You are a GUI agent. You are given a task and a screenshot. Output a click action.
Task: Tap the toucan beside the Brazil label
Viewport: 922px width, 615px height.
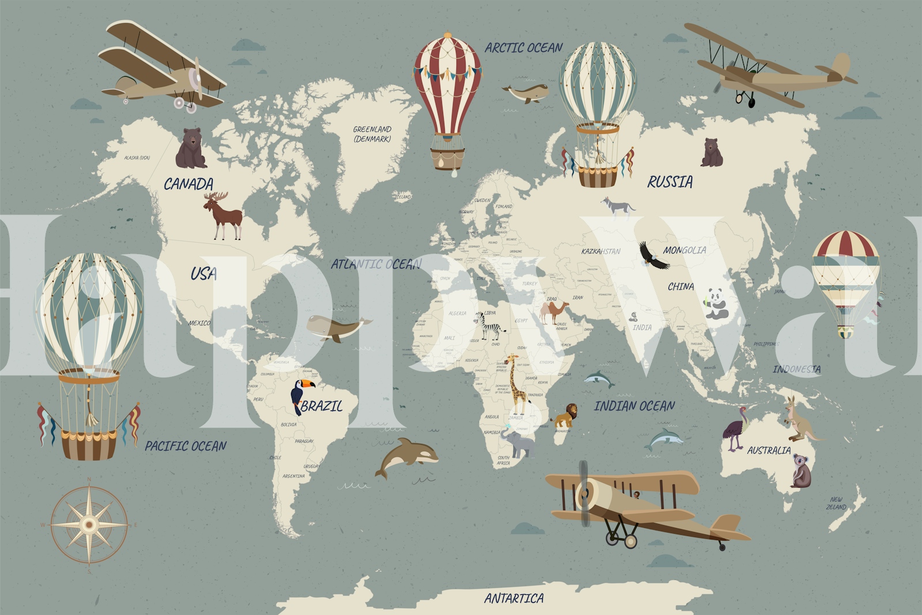click(301, 395)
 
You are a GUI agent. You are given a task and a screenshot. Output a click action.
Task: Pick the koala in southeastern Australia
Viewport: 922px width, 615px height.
click(800, 470)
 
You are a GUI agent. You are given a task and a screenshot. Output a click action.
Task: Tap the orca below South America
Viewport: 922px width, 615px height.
click(406, 457)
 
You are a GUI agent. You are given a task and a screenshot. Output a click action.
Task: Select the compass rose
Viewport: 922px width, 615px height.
click(89, 525)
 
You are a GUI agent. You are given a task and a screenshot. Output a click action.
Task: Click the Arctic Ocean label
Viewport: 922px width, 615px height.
click(523, 48)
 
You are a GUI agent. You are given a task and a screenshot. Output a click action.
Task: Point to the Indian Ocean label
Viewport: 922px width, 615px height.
click(634, 406)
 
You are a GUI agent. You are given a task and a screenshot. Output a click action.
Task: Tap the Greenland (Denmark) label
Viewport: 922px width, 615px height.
click(372, 134)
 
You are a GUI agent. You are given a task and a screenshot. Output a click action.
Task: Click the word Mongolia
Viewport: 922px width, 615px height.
click(684, 250)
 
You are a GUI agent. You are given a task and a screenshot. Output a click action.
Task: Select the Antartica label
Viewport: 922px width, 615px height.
click(513, 599)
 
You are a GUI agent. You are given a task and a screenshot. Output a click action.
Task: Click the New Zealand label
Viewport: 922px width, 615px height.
click(836, 503)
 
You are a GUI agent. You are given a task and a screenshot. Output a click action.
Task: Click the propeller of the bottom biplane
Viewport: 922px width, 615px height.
click(584, 493)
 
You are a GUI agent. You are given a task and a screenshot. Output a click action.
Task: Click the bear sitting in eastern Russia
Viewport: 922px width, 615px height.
click(711, 153)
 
